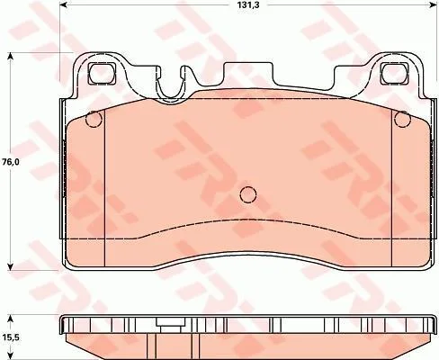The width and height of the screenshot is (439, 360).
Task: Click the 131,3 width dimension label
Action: click(x=248, y=5)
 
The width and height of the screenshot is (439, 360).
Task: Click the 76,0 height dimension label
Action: click(x=11, y=162)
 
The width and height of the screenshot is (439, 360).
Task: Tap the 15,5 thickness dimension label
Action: click(x=11, y=337)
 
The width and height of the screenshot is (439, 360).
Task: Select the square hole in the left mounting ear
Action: click(x=102, y=74)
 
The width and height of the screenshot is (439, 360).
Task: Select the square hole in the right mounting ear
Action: click(x=394, y=74)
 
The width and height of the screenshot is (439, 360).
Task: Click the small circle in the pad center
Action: click(x=248, y=194)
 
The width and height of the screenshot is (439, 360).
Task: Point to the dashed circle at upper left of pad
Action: click(x=94, y=120)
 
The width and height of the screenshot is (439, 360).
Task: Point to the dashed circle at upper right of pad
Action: click(x=402, y=120)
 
